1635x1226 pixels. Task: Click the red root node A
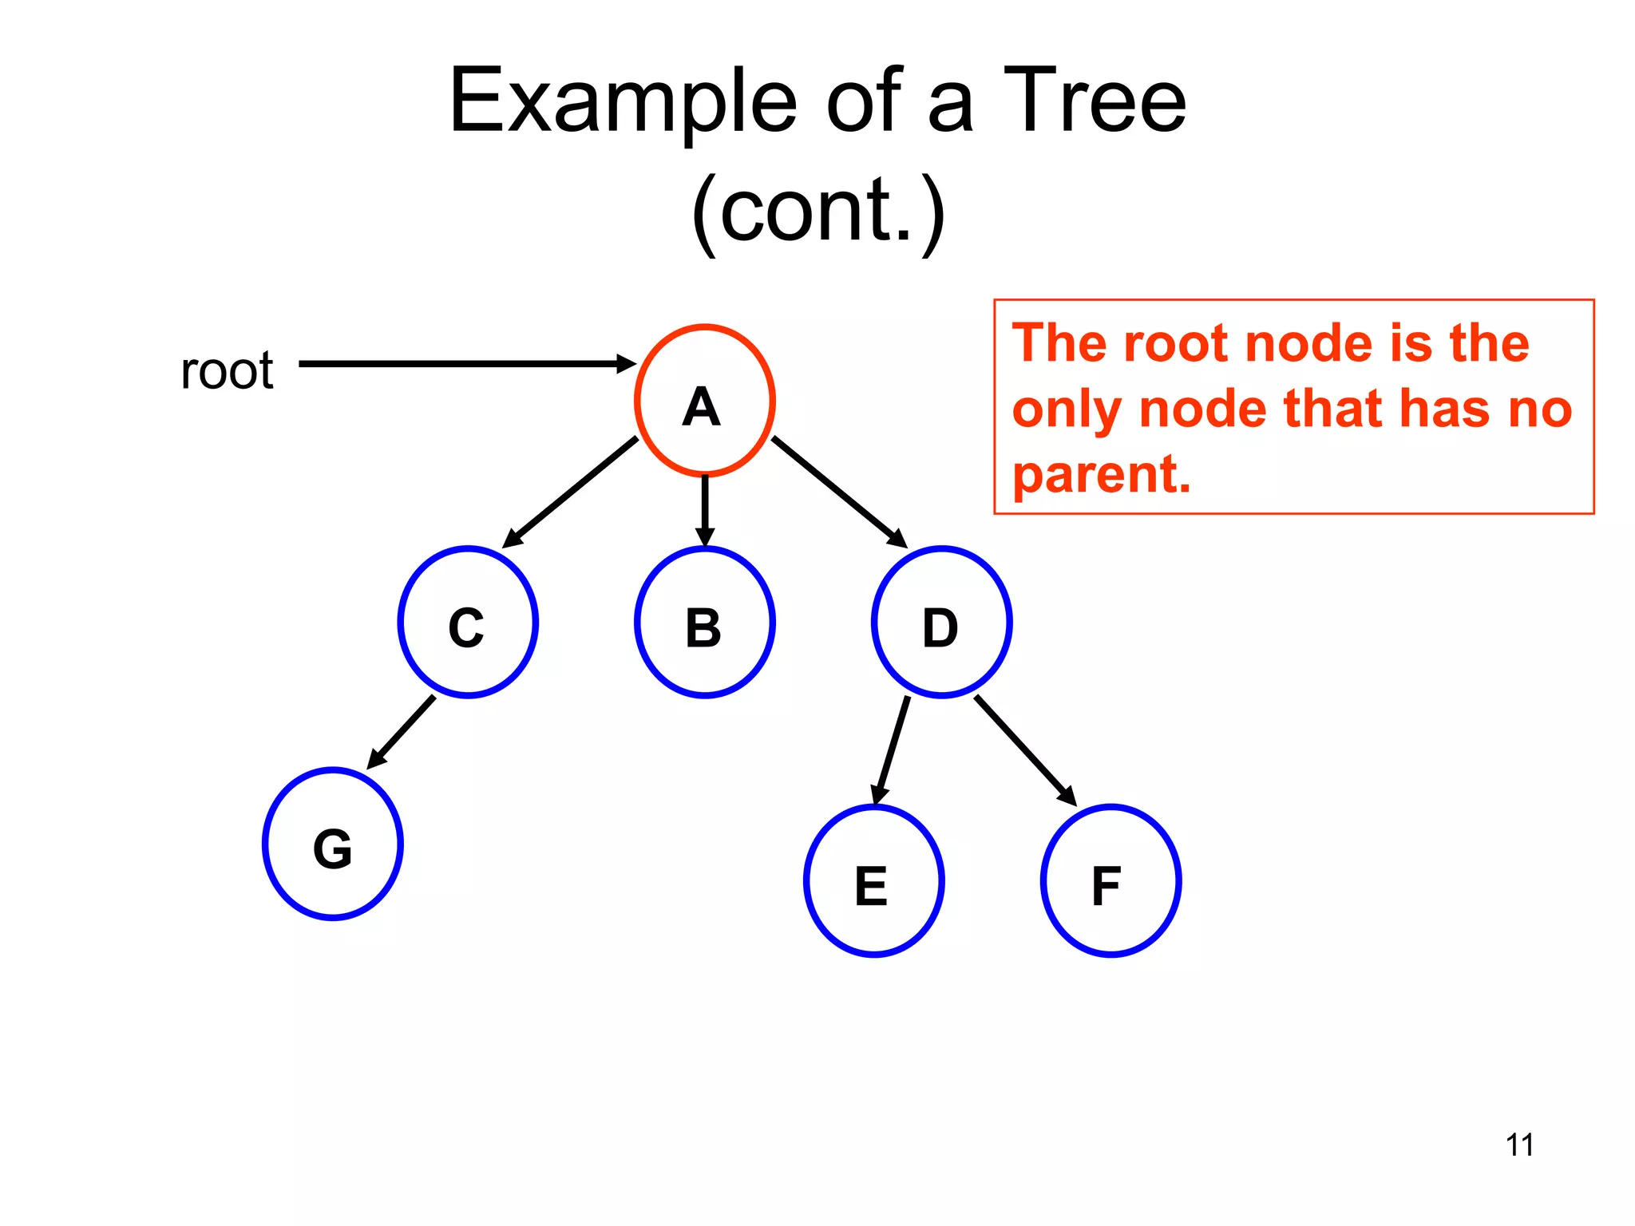click(704, 401)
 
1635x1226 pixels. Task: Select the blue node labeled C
click(468, 623)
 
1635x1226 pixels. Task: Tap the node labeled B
click(704, 623)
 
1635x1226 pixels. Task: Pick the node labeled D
click(941, 623)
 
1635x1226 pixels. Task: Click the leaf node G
click(333, 844)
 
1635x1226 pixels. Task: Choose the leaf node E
click(873, 881)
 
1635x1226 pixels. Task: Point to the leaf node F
click(1110, 881)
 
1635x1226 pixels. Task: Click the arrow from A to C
click(570, 492)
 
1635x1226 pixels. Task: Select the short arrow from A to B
click(704, 511)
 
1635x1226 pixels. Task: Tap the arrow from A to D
click(839, 492)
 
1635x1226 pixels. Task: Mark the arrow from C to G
click(402, 732)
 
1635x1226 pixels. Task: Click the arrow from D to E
click(892, 750)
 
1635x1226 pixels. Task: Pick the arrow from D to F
click(1025, 750)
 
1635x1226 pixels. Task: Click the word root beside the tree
click(227, 371)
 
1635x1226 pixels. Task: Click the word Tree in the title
click(1094, 101)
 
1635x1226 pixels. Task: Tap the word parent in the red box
click(1101, 475)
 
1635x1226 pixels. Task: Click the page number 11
click(1519, 1145)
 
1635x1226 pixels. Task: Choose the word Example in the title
click(623, 101)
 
